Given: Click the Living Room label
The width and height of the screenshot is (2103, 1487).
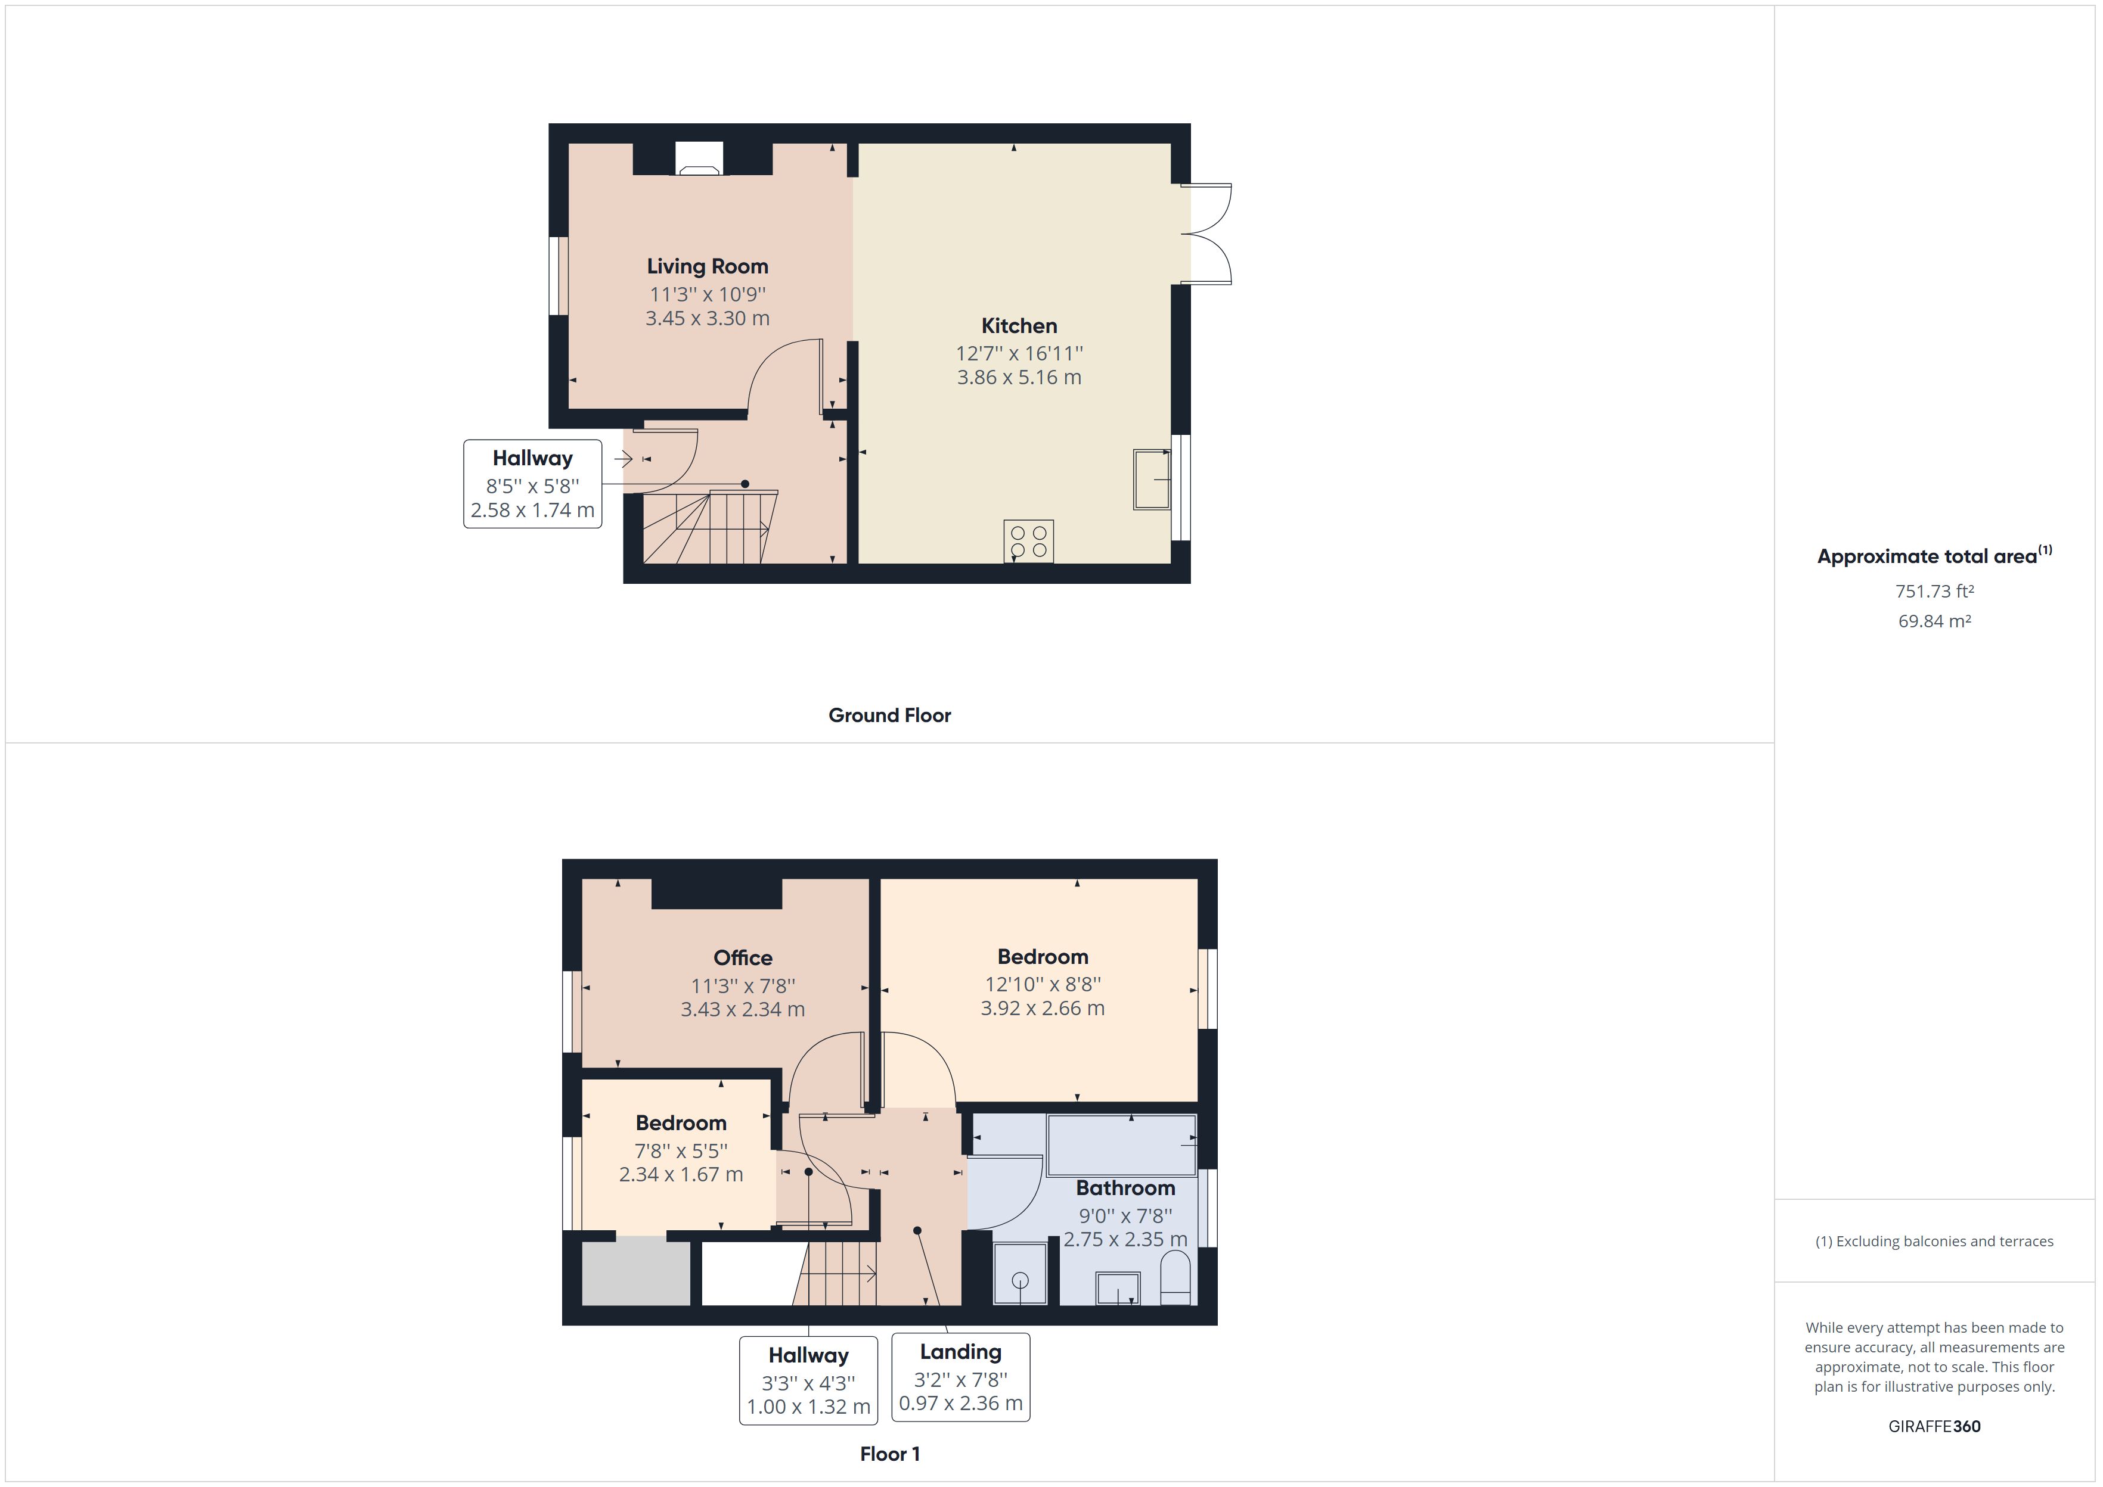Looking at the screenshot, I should click(x=707, y=266).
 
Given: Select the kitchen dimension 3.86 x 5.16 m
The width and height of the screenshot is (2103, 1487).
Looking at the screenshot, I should click(x=1019, y=377).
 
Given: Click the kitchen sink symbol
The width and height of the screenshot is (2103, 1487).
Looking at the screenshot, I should click(x=1151, y=478).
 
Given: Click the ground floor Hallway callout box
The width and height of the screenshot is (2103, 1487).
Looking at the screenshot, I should click(x=532, y=484).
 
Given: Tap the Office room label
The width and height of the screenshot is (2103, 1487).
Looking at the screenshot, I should click(x=742, y=958).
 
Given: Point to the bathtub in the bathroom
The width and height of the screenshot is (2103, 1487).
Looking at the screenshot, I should click(x=1121, y=1144).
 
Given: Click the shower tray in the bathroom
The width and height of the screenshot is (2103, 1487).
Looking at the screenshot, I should click(x=1019, y=1273).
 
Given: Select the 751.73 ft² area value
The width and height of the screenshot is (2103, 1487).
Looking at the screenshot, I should click(x=1934, y=592).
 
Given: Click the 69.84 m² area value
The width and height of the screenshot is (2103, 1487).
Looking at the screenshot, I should click(x=1934, y=621).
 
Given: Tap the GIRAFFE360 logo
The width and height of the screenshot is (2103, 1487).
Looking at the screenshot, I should click(x=1934, y=1426).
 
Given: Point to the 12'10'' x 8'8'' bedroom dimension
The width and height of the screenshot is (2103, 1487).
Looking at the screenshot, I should click(x=1043, y=984).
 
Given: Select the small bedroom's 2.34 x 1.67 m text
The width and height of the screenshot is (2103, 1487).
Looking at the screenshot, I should click(x=681, y=1174).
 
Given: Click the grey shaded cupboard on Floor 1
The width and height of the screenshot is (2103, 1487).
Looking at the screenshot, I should click(x=635, y=1273).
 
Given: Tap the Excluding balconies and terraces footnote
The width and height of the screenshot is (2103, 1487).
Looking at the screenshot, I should click(x=1934, y=1242).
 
